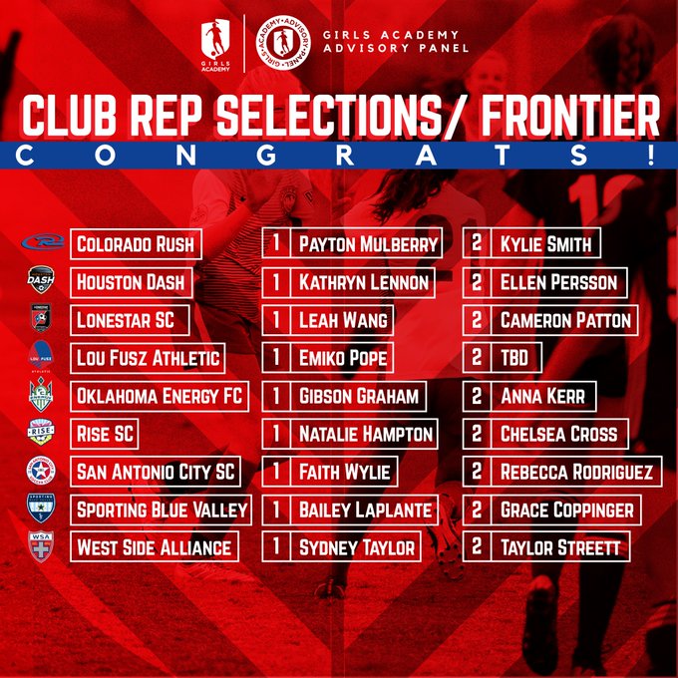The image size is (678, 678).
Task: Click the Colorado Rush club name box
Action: tap(136, 244)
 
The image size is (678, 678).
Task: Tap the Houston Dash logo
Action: tap(41, 280)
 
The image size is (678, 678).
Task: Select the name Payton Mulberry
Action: tap(368, 244)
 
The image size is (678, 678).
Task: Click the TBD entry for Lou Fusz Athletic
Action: tap(514, 358)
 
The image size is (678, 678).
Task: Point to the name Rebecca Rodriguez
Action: tap(576, 472)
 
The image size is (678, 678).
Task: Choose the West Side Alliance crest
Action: tap(41, 546)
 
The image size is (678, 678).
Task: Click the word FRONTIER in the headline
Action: tap(570, 115)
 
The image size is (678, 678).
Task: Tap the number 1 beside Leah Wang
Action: tap(276, 320)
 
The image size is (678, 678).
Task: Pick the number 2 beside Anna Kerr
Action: tap(477, 396)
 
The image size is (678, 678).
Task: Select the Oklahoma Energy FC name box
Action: tap(160, 396)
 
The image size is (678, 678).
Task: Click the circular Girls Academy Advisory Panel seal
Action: tap(283, 43)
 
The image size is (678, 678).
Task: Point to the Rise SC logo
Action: tap(41, 432)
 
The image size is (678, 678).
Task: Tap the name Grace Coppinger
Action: tap(566, 509)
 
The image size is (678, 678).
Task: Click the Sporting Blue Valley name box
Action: tap(161, 509)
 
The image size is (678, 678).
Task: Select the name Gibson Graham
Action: tap(359, 396)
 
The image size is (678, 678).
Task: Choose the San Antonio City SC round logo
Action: tap(41, 471)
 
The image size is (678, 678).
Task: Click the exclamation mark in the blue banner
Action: tap(651, 155)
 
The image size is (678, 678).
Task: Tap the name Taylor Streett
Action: tap(560, 547)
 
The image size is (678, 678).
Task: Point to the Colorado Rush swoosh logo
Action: tap(43, 241)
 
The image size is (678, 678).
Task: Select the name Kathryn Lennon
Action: tap(364, 282)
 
